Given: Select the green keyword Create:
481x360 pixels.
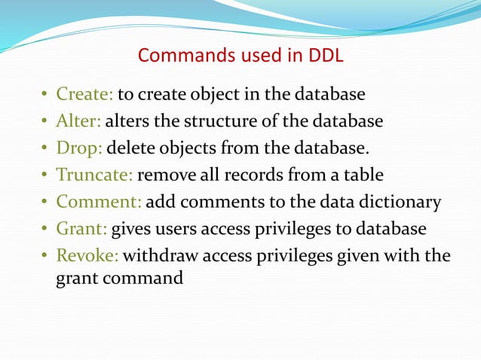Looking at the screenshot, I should (x=84, y=95).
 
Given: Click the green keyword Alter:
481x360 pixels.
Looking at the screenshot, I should (x=78, y=121).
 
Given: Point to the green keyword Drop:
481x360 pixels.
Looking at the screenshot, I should (x=78, y=148).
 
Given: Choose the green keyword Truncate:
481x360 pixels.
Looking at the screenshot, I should (x=94, y=175).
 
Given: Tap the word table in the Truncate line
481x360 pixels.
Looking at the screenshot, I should (x=363, y=175).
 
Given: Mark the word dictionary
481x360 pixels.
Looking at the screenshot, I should (x=403, y=203).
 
